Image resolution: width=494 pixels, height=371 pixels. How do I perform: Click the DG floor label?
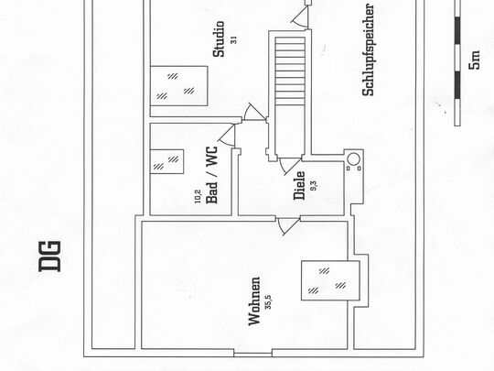[49, 256]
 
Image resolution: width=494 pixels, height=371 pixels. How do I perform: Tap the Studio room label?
[220, 39]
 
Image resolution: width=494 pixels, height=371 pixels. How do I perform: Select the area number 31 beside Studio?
[233, 40]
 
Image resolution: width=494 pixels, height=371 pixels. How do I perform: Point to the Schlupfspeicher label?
[368, 49]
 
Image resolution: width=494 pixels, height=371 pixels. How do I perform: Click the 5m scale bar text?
[475, 60]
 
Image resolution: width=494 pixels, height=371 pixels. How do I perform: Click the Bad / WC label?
[211, 174]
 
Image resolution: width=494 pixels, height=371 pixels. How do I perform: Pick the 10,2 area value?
[198, 196]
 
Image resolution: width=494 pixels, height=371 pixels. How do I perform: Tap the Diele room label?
[299, 185]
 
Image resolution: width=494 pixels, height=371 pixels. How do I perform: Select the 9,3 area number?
[314, 185]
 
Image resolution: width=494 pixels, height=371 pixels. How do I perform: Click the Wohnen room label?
[254, 301]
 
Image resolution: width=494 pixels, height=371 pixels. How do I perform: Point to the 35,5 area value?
[268, 301]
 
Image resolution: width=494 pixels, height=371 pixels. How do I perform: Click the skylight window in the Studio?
[179, 86]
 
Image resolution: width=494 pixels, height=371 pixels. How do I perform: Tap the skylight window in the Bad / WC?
[167, 161]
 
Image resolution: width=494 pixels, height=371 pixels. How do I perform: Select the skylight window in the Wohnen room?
[330, 281]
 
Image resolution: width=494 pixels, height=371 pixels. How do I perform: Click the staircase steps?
[290, 71]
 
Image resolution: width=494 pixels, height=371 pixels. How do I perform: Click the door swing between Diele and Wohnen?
[287, 225]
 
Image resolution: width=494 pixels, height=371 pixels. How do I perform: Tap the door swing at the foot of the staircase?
[290, 165]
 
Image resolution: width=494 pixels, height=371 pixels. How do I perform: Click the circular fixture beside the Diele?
[353, 159]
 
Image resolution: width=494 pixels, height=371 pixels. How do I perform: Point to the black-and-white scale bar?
[457, 63]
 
